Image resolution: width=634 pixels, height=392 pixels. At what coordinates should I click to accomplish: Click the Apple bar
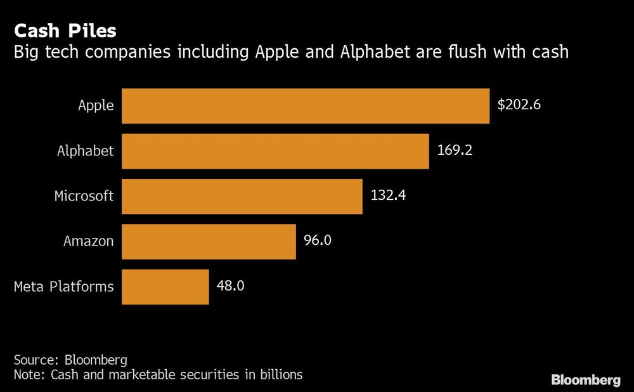click(305, 105)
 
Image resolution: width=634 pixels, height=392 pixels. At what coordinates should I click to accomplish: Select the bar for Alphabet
click(275, 151)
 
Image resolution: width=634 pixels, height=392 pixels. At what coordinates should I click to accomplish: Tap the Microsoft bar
click(242, 196)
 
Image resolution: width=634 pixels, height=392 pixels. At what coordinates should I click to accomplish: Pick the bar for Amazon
click(209, 241)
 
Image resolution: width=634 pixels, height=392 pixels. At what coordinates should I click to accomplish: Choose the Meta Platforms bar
click(165, 287)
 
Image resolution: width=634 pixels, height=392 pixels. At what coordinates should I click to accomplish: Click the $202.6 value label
click(519, 105)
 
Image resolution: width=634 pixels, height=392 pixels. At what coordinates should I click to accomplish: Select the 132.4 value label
click(387, 195)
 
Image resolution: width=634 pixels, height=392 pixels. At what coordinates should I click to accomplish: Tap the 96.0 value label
click(318, 241)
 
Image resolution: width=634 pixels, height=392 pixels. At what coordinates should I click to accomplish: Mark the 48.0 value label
click(231, 286)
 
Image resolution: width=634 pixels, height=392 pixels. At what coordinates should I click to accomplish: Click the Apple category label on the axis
click(96, 106)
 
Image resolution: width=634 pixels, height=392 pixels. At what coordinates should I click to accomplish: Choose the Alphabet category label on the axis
click(86, 151)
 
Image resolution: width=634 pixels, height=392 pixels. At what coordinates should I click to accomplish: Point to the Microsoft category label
click(84, 196)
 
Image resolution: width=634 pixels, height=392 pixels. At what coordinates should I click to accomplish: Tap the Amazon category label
click(89, 241)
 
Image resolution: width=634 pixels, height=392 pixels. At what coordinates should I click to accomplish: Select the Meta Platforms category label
click(64, 287)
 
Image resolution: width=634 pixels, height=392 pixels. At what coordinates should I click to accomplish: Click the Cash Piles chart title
click(65, 30)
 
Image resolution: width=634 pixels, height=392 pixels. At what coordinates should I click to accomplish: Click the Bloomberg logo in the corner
click(585, 380)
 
